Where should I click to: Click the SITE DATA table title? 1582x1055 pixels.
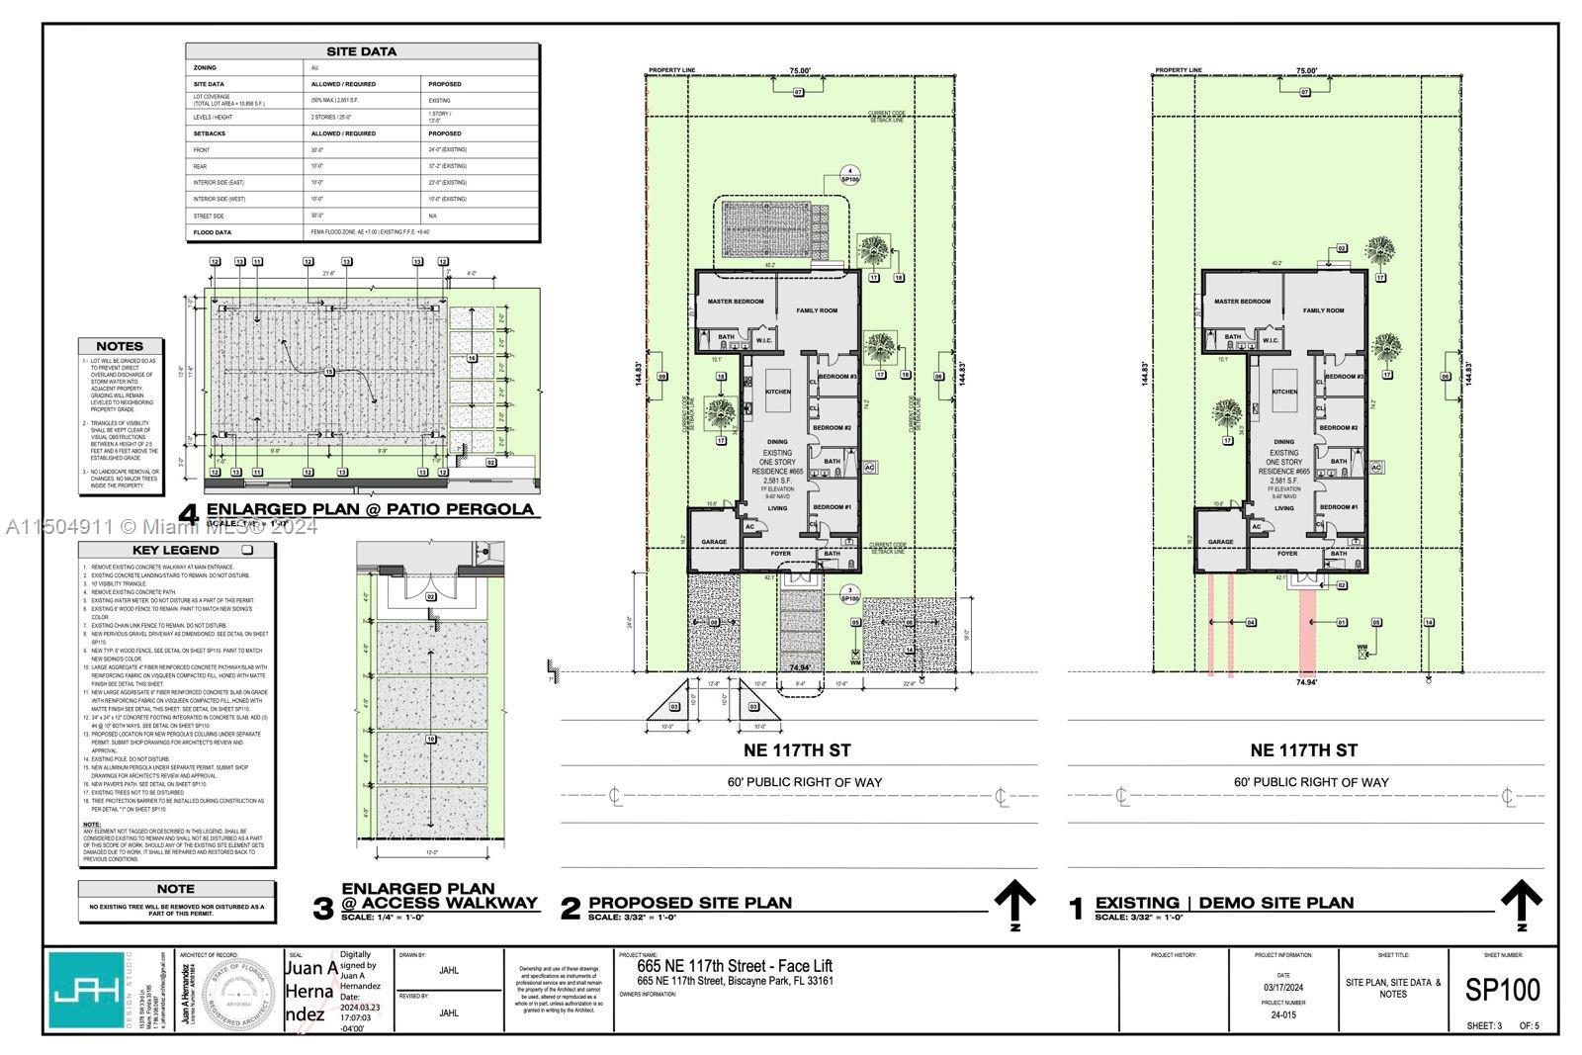(362, 51)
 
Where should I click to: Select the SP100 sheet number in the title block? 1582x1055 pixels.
(1502, 990)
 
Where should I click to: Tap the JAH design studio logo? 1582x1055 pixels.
(88, 990)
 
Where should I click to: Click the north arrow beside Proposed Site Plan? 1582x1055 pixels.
(1014, 903)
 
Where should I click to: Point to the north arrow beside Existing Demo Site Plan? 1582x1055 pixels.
(1521, 903)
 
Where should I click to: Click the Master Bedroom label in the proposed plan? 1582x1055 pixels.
(736, 301)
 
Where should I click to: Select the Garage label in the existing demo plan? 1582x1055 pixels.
(1220, 542)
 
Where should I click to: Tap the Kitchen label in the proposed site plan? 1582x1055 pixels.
(778, 392)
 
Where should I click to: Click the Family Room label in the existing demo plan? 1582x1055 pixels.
(1323, 310)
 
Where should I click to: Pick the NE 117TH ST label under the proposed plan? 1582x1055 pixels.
(799, 750)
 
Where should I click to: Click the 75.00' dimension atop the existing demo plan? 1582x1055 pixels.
(1306, 71)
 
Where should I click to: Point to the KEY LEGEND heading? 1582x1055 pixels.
(176, 550)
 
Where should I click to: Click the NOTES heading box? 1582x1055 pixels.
(120, 346)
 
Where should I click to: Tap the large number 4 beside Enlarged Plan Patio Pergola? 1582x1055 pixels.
(192, 514)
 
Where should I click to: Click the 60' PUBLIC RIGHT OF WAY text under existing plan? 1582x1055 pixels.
(1310, 782)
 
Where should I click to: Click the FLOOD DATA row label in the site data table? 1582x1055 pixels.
(213, 232)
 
